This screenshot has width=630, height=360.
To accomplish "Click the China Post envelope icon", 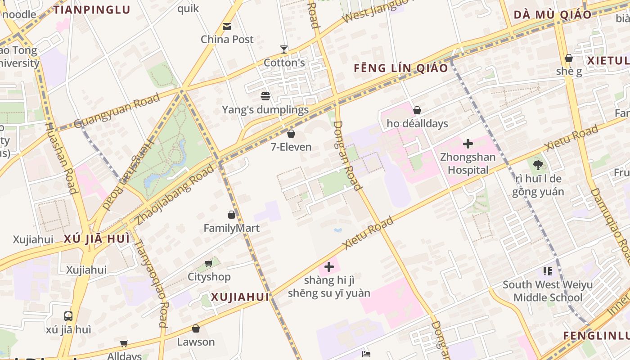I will [x=227, y=27].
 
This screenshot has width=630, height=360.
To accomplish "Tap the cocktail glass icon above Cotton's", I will [x=284, y=49].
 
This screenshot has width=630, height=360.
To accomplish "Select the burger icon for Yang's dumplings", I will [x=265, y=96].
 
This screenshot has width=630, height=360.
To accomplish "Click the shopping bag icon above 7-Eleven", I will [x=291, y=134].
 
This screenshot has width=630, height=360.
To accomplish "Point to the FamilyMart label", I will [x=231, y=228].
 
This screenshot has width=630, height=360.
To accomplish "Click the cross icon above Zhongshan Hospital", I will [x=468, y=144].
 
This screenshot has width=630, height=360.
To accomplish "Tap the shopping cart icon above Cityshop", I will [x=208, y=263].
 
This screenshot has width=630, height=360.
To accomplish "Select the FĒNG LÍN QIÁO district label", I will [x=401, y=68].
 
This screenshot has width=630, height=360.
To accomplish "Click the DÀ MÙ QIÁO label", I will [x=553, y=15].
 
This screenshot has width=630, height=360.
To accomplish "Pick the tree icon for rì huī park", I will [x=538, y=165].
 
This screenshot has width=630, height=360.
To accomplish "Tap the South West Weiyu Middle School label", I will [x=548, y=291].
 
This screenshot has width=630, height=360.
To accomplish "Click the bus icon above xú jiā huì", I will [x=68, y=316].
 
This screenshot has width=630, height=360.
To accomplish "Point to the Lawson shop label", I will [x=196, y=342].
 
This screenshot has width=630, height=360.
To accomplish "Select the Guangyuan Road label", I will [x=117, y=110].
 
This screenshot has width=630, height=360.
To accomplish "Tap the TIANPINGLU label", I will [x=92, y=10].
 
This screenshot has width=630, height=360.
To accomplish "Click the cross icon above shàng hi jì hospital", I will [x=329, y=267].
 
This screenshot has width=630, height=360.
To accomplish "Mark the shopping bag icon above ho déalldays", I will [x=417, y=110].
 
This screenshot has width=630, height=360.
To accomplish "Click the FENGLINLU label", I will [x=596, y=336].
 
